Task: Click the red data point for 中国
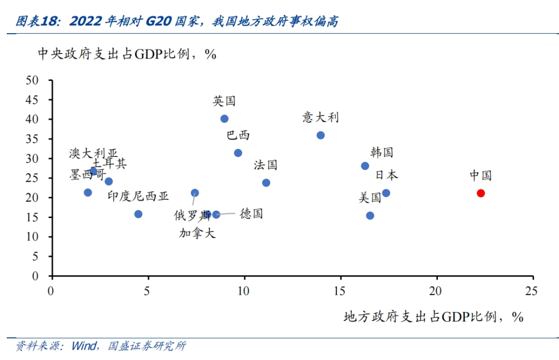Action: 480,193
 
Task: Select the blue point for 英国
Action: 224,119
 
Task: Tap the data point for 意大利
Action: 320,135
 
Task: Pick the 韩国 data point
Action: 365,166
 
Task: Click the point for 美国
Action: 370,215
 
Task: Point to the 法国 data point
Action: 266,182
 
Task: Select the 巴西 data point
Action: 238,153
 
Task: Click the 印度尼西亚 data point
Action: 138,214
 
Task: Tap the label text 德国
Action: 251,213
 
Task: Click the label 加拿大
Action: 197,233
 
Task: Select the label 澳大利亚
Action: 93,153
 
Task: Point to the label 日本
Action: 387,175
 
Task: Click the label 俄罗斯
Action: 192,215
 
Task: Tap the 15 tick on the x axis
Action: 340,291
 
